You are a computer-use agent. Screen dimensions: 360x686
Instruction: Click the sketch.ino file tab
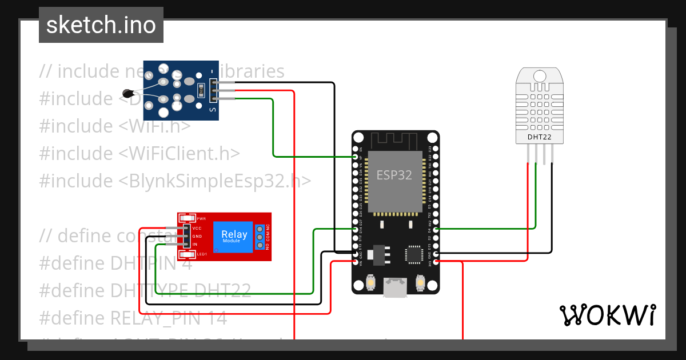click(101, 25)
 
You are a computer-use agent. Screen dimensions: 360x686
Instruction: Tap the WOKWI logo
click(607, 315)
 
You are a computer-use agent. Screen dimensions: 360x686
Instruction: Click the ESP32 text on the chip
click(394, 175)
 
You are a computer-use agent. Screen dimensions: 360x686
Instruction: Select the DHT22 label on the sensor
click(539, 137)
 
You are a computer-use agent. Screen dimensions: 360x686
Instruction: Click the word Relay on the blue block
click(234, 234)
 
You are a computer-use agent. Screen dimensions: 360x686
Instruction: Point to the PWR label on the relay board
click(201, 219)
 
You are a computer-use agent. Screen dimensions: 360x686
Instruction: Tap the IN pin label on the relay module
click(195, 245)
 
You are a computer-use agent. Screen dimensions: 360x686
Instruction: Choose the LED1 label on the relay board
click(202, 254)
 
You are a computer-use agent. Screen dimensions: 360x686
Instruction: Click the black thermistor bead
click(128, 93)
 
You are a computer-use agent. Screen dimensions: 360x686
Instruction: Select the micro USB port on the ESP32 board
click(395, 288)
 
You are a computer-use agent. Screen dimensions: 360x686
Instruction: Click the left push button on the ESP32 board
click(370, 283)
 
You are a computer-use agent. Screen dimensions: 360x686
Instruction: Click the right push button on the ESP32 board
click(420, 283)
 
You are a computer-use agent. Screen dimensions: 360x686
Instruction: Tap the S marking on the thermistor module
click(213, 110)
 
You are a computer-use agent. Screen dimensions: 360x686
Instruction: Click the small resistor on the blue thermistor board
click(200, 90)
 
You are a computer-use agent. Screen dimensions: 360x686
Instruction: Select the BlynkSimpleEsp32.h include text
click(215, 181)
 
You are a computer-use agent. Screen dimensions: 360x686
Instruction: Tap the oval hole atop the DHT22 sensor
click(539, 76)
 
